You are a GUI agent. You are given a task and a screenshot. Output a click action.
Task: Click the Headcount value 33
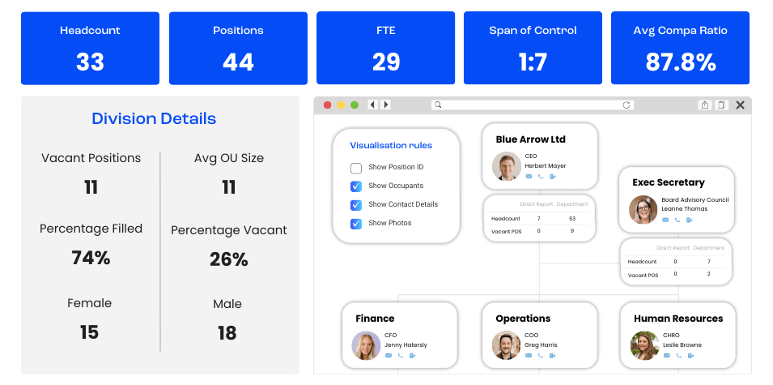click(90, 62)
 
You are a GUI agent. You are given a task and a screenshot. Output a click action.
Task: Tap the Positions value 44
click(238, 62)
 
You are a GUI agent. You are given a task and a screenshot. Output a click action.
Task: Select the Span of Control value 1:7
click(533, 62)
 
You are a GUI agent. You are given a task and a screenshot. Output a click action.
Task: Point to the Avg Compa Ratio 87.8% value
click(680, 62)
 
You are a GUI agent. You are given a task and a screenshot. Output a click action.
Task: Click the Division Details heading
click(154, 119)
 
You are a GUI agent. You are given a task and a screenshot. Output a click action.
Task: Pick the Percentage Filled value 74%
click(91, 258)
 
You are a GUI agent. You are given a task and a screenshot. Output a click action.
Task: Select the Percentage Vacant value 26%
click(228, 259)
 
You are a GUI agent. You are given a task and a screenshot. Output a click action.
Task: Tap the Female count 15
click(89, 332)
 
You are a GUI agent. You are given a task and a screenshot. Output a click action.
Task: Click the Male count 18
click(227, 332)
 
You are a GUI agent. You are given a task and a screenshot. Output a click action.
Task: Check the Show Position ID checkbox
click(356, 168)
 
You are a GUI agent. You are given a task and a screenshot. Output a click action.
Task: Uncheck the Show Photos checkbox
click(356, 224)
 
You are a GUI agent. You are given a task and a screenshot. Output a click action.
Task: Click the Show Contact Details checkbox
click(356, 205)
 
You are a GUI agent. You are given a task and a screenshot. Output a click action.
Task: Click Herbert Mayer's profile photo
click(507, 166)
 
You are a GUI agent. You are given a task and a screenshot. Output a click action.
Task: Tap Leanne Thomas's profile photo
click(643, 209)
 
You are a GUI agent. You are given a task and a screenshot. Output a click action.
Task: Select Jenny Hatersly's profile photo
click(366, 345)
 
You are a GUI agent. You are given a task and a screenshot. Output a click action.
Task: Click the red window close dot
click(328, 105)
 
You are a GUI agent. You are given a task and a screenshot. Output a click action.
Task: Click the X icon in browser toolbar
click(740, 105)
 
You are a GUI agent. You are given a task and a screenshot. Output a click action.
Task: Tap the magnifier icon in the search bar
click(437, 105)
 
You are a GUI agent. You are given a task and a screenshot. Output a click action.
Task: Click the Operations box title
click(523, 319)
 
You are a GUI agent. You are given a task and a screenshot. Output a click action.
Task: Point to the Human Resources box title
click(678, 319)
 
